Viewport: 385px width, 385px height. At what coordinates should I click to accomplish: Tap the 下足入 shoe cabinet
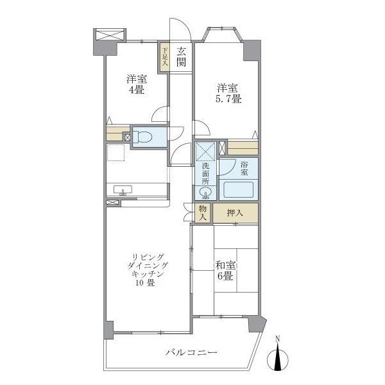coord(164,58)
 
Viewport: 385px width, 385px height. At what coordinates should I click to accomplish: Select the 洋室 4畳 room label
coord(137,85)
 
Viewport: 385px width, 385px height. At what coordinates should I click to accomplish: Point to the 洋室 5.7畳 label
coord(228,94)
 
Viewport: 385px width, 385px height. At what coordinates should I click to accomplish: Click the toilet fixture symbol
coord(142,137)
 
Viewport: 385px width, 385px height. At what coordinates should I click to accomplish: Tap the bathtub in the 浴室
coord(238,189)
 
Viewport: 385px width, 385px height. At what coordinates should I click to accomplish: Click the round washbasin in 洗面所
coord(205,193)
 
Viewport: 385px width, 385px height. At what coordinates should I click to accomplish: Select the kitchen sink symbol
coord(123,190)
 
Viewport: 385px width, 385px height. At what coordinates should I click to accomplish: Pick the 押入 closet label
coord(235,213)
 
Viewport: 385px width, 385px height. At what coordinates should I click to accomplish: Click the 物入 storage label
coord(203,213)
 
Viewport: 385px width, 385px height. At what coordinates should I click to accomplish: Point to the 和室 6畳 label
coord(225,271)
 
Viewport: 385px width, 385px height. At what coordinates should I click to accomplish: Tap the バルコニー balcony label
coord(191,353)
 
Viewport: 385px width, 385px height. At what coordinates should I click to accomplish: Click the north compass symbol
coord(277,358)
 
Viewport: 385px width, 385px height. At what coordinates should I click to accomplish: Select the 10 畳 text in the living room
coord(145,283)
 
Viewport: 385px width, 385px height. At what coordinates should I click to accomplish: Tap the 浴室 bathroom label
coord(244,168)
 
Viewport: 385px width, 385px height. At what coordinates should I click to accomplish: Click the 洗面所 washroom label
coord(205,174)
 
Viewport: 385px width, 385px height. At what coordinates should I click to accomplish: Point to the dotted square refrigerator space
coord(116,153)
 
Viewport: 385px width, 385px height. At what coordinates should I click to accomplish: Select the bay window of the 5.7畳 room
coord(222,33)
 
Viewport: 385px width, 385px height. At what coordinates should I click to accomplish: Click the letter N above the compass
coord(277,339)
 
